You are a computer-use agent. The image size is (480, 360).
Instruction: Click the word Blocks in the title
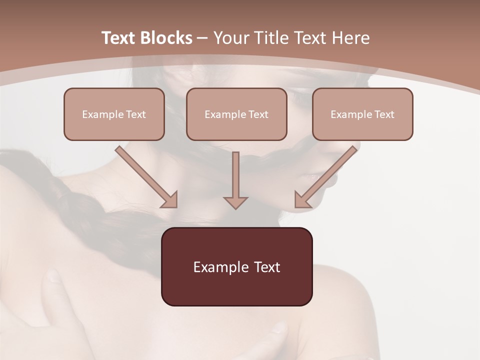(166, 37)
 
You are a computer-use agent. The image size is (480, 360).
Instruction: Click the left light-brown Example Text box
(114, 114)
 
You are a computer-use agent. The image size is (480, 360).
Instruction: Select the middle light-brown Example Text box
(236, 114)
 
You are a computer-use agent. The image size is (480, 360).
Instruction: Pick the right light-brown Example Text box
(363, 114)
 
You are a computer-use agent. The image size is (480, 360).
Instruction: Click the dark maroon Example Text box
(237, 266)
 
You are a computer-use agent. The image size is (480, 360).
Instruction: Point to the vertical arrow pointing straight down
(235, 180)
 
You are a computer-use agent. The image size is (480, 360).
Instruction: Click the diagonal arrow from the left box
(146, 177)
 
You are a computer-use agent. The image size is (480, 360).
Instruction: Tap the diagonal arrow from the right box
(325, 177)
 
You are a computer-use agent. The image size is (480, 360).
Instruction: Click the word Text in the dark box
(267, 267)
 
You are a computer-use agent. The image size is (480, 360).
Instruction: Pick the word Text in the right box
(384, 114)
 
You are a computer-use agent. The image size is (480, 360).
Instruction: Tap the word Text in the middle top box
(258, 114)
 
